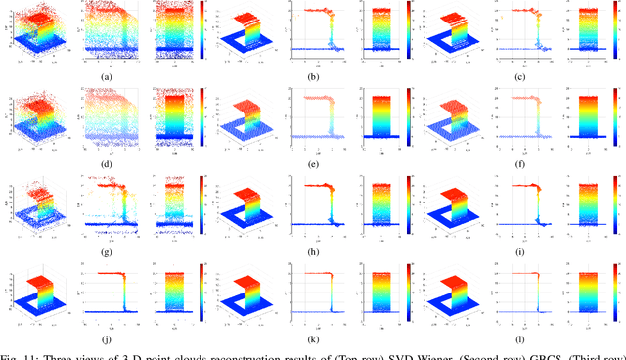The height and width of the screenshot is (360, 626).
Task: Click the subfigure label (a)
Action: click(x=105, y=75)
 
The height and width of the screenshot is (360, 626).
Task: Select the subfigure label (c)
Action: click(x=521, y=75)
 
